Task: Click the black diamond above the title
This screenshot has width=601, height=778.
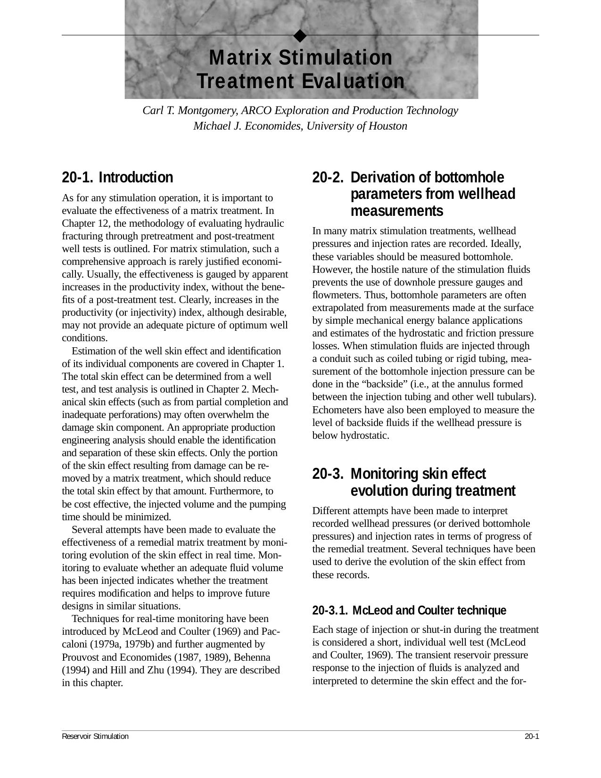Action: click(x=300, y=35)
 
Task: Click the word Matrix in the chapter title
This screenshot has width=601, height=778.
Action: click(x=240, y=58)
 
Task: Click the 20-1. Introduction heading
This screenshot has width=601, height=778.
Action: click(x=118, y=178)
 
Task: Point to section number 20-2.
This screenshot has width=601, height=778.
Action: click(x=328, y=178)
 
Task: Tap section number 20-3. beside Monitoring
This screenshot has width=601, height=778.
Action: click(x=328, y=474)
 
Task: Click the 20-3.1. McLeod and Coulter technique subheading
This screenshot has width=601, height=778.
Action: click(x=409, y=611)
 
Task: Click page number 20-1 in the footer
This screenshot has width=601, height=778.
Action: click(x=531, y=737)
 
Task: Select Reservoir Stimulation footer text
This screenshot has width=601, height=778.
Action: click(x=95, y=737)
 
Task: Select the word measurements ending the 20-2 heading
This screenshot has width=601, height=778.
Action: click(x=397, y=211)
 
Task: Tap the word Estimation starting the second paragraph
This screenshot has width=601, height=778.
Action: click(x=93, y=351)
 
